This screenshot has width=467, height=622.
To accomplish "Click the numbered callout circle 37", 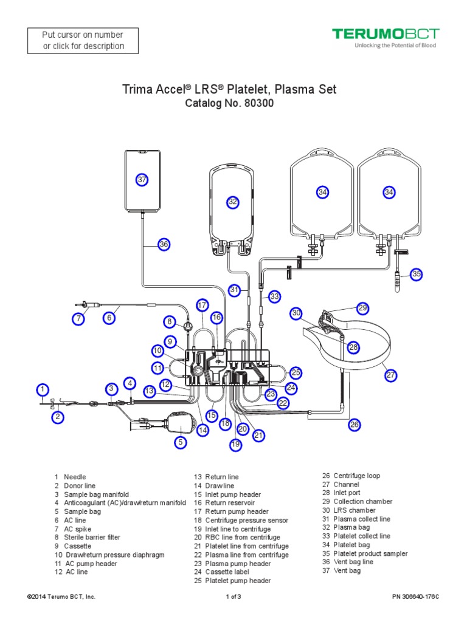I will point(142,180).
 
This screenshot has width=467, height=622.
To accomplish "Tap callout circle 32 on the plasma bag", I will point(232,202).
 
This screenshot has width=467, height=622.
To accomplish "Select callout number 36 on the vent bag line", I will point(163,244).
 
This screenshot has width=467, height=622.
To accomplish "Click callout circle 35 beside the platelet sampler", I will point(416,274).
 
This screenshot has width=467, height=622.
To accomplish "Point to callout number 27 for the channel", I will point(390,375).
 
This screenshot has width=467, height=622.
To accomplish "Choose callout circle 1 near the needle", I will point(42,389).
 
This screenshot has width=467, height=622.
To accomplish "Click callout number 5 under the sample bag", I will point(181,443).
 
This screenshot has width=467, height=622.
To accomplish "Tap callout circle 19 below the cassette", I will point(235,445).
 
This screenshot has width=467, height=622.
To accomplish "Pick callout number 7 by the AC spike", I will point(78,318).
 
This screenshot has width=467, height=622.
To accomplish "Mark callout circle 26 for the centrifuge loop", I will point(355,425).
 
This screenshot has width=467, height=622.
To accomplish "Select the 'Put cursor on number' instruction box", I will point(83,41).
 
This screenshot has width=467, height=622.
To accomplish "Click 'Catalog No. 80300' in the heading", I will point(229,103).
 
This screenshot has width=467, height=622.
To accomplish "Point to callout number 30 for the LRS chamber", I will point(296,313).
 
